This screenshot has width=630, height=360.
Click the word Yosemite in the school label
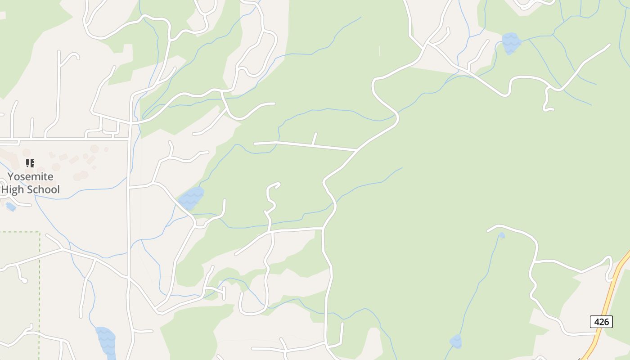tap(30, 176)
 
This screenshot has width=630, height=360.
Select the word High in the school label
tap(13, 189)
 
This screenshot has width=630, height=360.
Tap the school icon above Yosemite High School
tap(30, 163)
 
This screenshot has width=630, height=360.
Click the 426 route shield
tap(601, 322)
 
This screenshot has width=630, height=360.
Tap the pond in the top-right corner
tap(511, 42)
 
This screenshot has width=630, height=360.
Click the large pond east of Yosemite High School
tap(191, 198)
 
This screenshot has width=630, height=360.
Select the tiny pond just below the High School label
tap(11, 207)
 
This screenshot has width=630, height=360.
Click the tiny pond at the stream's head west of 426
tap(502, 235)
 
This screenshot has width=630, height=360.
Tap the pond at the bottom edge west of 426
tap(455, 341)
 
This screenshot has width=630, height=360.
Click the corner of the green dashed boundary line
tap(40, 232)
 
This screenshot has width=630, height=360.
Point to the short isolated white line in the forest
tap(379, 51)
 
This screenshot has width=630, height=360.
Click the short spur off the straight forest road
tap(315, 138)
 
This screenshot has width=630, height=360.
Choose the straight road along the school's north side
tap(67, 138)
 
